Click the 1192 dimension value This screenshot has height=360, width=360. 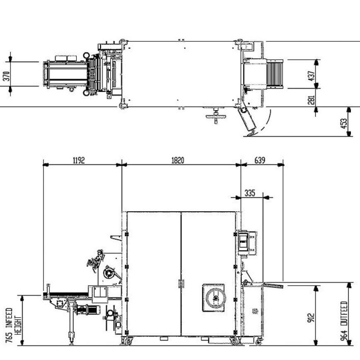click(x=79, y=160)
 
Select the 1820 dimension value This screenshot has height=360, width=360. click(x=179, y=160)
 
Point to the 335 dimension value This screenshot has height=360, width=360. click(x=249, y=193)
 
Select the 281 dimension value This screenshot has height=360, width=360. click(x=312, y=99)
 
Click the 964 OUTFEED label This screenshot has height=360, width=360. click(x=344, y=319)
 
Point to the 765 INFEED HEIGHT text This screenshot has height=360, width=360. click(x=12, y=325)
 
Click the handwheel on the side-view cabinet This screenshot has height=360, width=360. click(x=214, y=297)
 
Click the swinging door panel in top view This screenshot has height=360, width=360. click(x=248, y=120)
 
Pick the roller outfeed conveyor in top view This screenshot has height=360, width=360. click(x=274, y=74)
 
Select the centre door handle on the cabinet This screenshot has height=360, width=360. click(x=181, y=283)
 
